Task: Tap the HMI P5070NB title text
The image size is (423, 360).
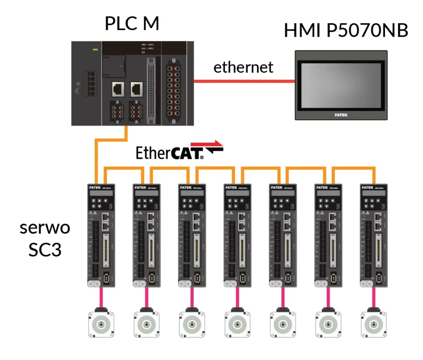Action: click(x=346, y=31)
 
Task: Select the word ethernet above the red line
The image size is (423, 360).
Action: click(x=243, y=67)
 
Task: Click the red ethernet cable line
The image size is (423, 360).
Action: click(x=244, y=81)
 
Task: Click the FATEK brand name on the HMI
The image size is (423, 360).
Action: click(x=341, y=115)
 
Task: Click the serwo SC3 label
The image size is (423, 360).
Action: click(x=45, y=239)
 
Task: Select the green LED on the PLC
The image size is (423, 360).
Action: click(x=95, y=50)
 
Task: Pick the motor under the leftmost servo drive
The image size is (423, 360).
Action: click(x=101, y=324)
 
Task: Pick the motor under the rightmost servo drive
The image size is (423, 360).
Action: click(x=374, y=324)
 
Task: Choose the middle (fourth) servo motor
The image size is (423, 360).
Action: click(x=237, y=324)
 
